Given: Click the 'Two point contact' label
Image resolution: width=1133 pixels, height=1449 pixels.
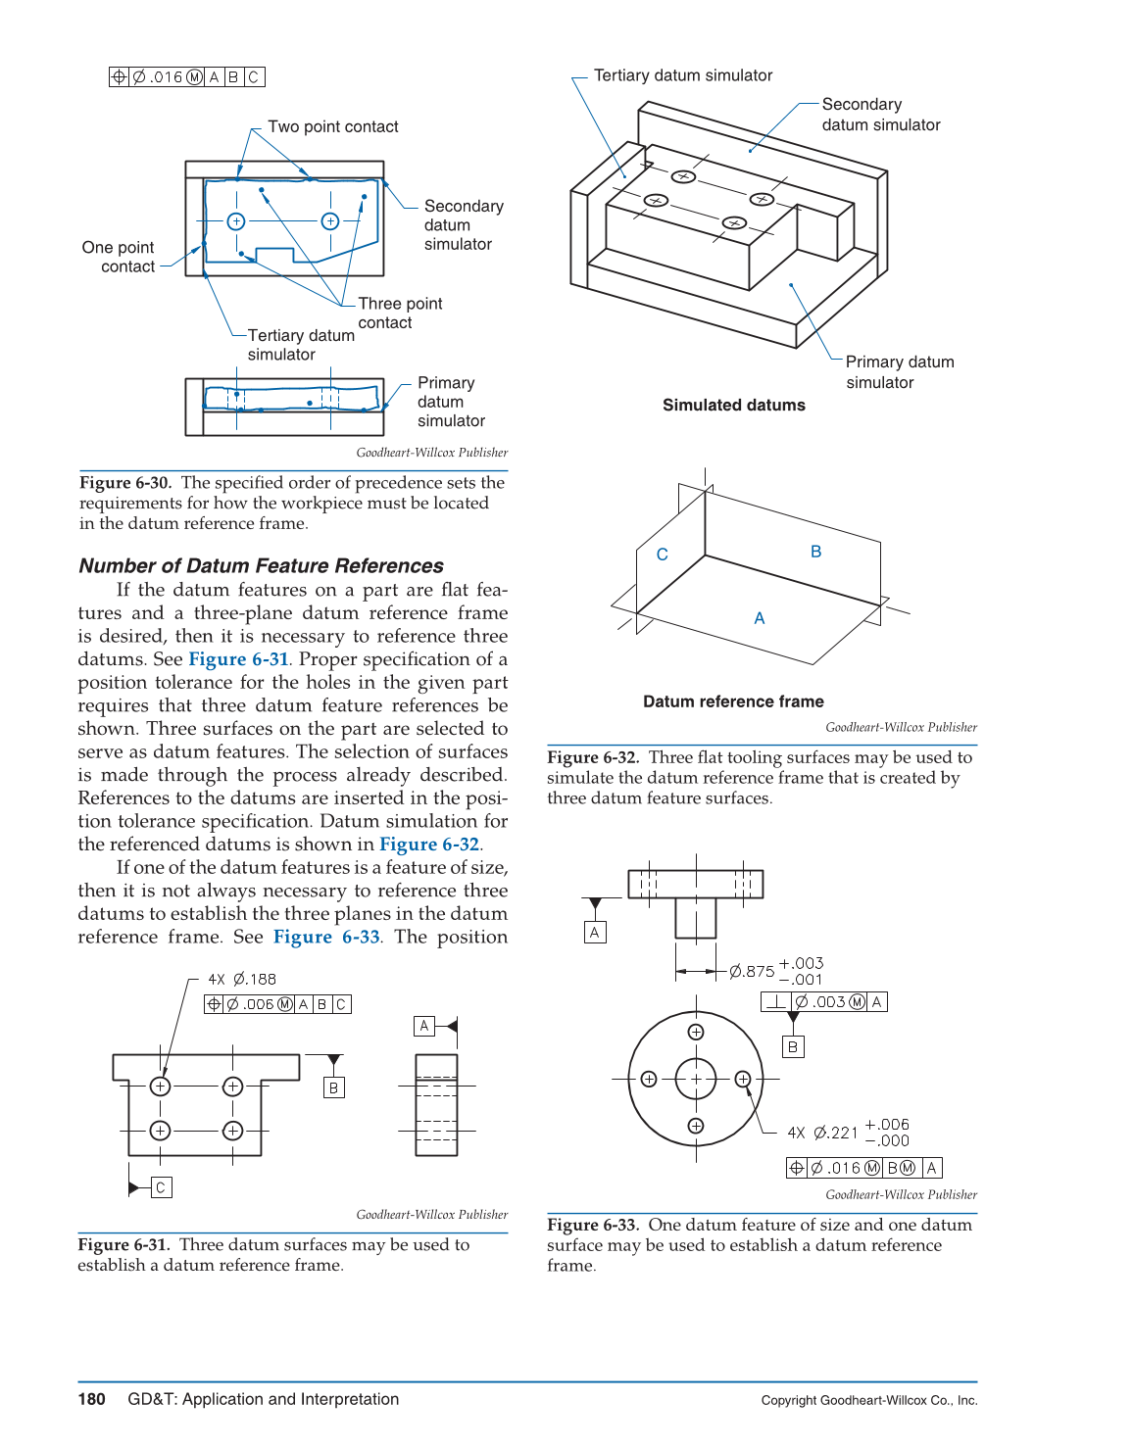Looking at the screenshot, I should [x=332, y=126].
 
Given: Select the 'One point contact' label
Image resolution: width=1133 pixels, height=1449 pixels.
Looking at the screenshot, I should [x=119, y=257].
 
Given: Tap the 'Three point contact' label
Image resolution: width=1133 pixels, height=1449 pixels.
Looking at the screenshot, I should [x=399, y=313].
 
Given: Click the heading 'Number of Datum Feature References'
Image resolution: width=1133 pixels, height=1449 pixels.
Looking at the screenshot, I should [x=261, y=566].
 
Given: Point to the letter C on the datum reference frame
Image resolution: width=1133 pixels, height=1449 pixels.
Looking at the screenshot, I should [x=663, y=555].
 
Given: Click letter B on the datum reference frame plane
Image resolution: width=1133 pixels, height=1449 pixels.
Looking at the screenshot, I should [x=815, y=552].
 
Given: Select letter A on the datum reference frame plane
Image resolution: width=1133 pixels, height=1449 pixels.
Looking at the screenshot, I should [x=760, y=618].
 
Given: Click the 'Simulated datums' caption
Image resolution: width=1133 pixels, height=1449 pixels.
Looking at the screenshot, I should [x=733, y=406].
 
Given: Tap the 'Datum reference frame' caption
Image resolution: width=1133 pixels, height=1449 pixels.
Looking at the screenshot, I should [x=733, y=701].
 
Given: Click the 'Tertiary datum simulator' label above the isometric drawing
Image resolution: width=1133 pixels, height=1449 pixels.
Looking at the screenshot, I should [x=683, y=75].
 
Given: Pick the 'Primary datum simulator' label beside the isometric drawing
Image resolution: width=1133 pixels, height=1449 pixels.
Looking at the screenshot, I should [x=899, y=372].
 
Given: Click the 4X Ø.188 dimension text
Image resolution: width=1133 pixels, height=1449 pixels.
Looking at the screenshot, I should [x=242, y=980].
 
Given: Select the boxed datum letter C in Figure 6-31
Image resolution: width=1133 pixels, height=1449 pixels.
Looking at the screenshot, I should [x=162, y=1187].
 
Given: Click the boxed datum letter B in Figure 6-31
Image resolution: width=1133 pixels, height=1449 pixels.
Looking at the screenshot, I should [x=334, y=1087].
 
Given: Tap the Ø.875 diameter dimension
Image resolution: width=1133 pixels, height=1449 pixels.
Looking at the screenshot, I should [x=752, y=972].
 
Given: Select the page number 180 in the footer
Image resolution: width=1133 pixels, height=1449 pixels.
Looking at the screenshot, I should [x=91, y=1399].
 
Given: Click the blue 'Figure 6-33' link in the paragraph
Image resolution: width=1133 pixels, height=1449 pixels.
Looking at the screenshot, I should [x=326, y=937].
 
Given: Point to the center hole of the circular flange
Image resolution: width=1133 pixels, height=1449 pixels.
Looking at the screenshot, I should [x=696, y=1079].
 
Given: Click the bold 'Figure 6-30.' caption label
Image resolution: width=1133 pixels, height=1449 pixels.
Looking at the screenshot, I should [x=125, y=483].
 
